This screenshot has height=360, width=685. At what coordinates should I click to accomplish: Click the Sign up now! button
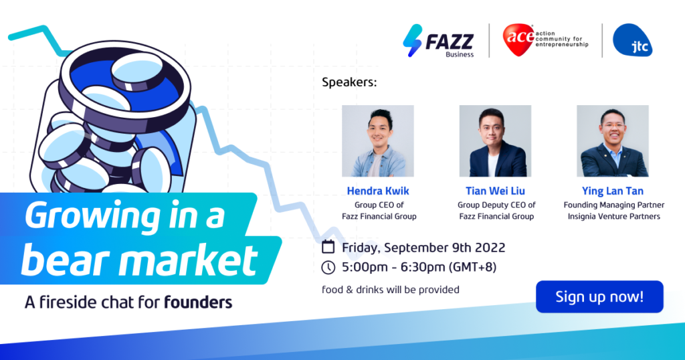pyautogui.click(x=599, y=296)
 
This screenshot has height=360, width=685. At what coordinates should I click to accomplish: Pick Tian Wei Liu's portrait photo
pyautogui.click(x=495, y=141)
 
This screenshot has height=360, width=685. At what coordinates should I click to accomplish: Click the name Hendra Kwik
pyautogui.click(x=377, y=191)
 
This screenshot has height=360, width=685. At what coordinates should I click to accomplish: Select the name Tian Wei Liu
pyautogui.click(x=495, y=191)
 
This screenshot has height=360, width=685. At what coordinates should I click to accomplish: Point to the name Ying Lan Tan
pyautogui.click(x=613, y=191)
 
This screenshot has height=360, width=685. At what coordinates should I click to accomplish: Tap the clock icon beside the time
pyautogui.click(x=328, y=268)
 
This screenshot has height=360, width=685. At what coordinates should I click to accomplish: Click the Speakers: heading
pyautogui.click(x=349, y=83)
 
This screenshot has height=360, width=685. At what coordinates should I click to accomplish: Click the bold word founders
pyautogui.click(x=198, y=302)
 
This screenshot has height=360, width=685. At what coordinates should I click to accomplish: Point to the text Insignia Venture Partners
pyautogui.click(x=613, y=216)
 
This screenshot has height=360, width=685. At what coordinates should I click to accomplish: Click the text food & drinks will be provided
pyautogui.click(x=391, y=290)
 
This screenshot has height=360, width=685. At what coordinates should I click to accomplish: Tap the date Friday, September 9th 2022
pyautogui.click(x=423, y=248)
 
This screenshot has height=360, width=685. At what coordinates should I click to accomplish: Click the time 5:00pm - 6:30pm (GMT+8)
pyautogui.click(x=419, y=268)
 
